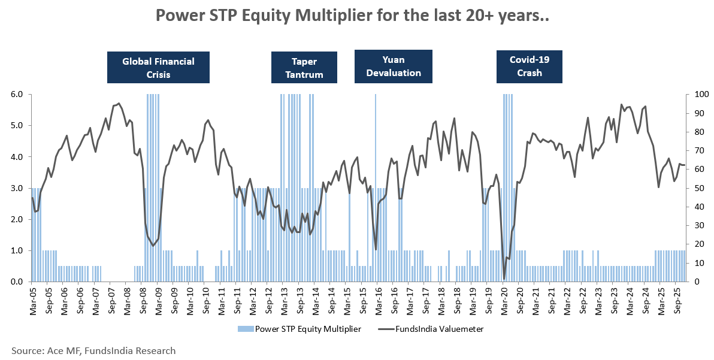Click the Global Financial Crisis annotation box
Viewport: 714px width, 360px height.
click(158, 68)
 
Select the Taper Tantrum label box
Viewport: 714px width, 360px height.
click(304, 68)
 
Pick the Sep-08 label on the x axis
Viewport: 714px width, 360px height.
click(143, 301)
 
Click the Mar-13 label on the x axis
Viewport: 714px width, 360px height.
click(285, 301)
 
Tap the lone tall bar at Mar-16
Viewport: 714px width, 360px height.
click(376, 180)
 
